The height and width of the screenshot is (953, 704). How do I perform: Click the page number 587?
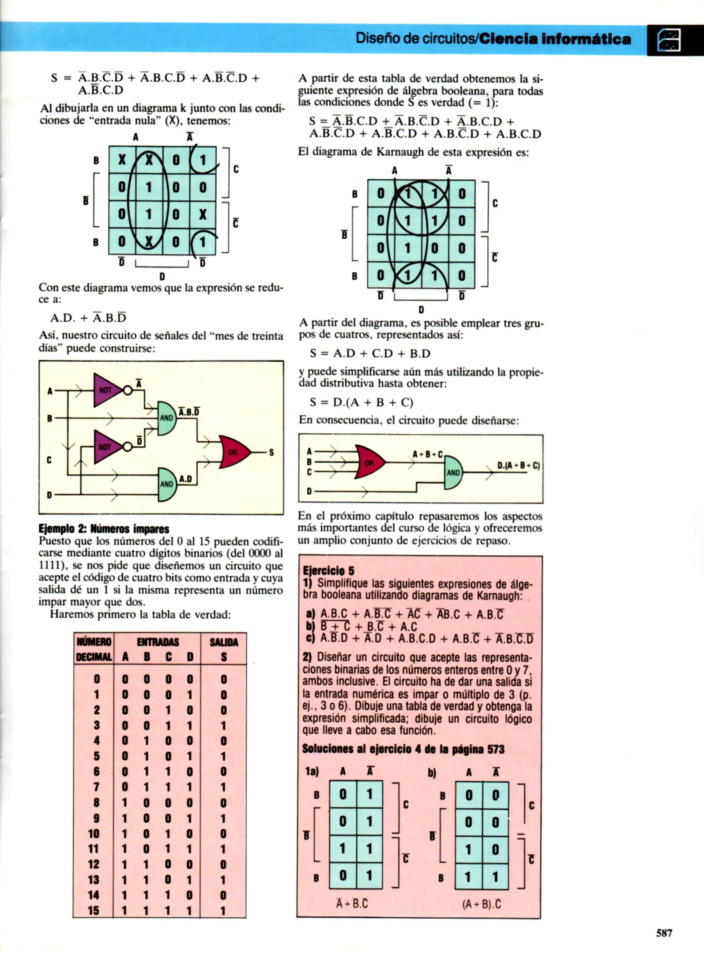point(664,933)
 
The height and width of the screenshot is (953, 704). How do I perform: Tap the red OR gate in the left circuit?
point(233,452)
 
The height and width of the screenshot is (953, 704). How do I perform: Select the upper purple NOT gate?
point(106,390)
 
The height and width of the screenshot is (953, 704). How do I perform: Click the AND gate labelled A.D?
point(167,484)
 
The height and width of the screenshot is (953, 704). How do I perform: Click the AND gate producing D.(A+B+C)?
point(453,473)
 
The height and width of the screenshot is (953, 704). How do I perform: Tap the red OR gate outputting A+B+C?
point(369,463)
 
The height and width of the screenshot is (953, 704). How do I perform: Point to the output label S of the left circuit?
point(271,452)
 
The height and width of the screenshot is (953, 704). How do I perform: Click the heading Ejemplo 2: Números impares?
point(104,529)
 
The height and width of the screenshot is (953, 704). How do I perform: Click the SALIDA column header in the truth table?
point(224,642)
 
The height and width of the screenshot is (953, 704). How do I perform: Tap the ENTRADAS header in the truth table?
point(158,642)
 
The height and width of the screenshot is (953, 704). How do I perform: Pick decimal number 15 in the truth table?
point(94,910)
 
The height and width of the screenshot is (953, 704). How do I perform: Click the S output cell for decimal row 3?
point(223,726)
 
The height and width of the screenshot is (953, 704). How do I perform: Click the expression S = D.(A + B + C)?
point(361,402)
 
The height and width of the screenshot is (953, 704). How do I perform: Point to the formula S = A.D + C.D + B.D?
point(370,353)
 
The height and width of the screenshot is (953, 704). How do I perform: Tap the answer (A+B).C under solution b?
point(482,904)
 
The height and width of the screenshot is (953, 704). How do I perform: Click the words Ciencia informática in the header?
point(555,39)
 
